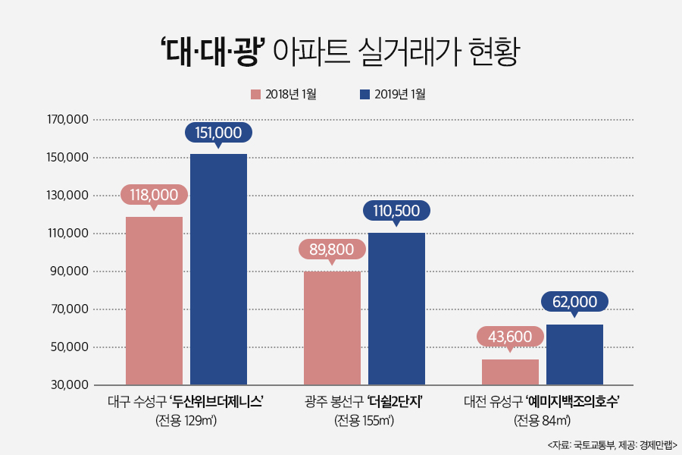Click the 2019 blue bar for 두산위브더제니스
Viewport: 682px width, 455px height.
218,269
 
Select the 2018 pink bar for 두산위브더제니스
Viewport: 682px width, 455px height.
154,300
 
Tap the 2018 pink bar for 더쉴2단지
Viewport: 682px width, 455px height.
332,328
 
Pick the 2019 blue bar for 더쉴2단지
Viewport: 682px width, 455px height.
396,309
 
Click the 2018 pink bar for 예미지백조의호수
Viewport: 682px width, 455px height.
510,372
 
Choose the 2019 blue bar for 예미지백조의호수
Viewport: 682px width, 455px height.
574,354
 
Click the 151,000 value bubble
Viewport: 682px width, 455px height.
218,133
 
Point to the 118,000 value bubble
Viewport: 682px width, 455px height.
154,195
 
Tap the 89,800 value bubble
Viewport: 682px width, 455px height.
332,249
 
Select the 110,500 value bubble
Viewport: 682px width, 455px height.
396,210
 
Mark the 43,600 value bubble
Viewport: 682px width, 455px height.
510,337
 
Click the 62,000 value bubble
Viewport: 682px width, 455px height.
574,302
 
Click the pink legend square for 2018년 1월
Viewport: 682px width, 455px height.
255,95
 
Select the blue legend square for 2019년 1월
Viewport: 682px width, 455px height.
364,95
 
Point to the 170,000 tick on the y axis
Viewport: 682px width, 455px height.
67,120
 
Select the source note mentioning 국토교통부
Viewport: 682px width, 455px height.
612,444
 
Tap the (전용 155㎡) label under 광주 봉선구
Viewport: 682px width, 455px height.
364,420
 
